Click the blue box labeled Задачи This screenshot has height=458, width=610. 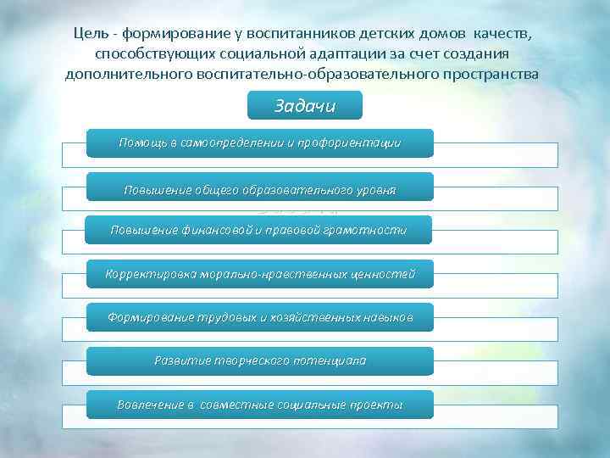pos(305,107)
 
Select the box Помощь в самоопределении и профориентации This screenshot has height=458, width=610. pos(259,143)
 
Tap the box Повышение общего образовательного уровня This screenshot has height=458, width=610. pos(259,187)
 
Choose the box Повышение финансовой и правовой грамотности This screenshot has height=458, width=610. pos(259,230)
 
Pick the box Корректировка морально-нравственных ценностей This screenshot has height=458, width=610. pos(259,274)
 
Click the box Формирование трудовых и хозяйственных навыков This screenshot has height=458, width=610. pos(259,317)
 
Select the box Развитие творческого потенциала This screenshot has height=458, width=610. pos(259,361)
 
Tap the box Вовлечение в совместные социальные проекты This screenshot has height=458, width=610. pos(259,405)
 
